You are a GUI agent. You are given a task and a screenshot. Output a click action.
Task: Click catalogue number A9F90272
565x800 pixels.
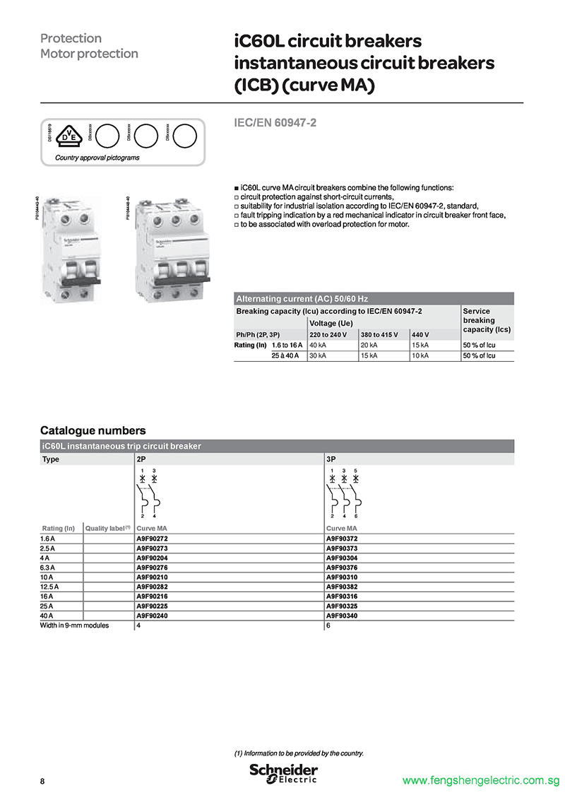(152, 539)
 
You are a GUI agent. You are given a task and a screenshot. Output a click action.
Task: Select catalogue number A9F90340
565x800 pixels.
(342, 616)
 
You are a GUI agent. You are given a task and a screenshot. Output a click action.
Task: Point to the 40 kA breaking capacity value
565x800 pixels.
(318, 345)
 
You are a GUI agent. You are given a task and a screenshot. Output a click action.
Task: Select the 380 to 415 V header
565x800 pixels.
(380, 334)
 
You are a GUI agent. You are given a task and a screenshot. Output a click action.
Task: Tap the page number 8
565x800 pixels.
(42, 781)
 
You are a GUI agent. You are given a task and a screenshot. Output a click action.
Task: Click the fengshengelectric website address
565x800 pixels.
(480, 781)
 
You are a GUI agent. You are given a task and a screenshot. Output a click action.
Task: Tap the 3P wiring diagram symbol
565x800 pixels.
(344, 495)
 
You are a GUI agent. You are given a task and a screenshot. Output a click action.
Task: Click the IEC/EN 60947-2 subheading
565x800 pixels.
(275, 123)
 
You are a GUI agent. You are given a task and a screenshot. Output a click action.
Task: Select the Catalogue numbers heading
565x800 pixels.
(93, 430)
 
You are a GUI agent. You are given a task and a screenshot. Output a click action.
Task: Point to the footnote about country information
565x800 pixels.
(299, 753)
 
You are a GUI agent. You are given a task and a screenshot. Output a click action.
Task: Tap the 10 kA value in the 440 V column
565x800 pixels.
(420, 355)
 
